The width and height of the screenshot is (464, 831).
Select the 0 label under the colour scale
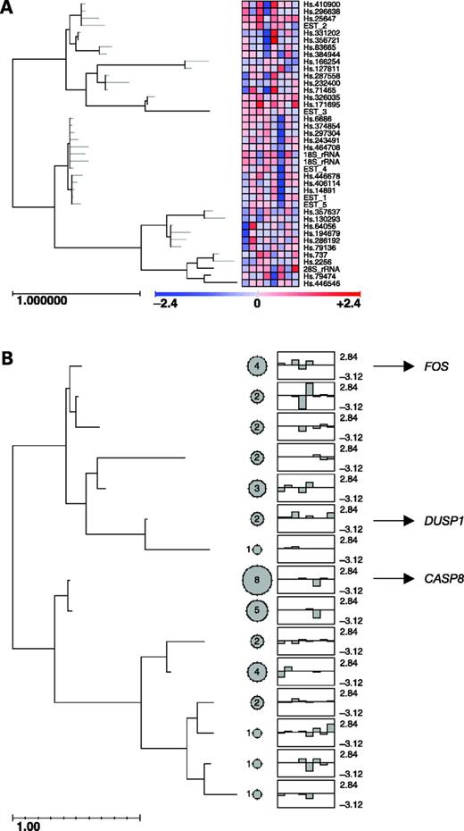pos(257,304)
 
